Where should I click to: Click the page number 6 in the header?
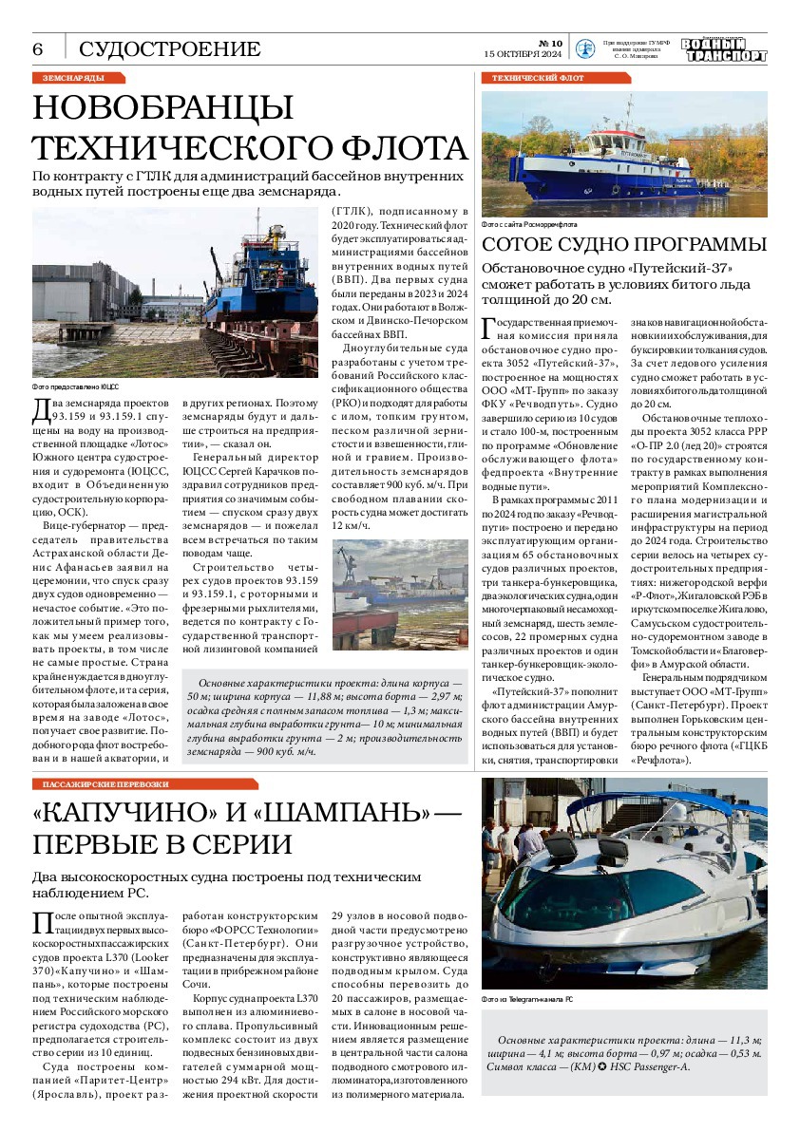(x=39, y=48)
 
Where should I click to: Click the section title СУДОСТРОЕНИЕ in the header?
(x=169, y=49)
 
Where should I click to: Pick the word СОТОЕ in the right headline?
(x=522, y=244)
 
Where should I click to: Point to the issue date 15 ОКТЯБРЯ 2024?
(x=524, y=54)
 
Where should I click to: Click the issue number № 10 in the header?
(x=550, y=43)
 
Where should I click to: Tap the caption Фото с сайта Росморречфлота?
(x=529, y=225)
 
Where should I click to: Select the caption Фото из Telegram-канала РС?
(x=527, y=1000)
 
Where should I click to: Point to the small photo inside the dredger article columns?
(x=400, y=594)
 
